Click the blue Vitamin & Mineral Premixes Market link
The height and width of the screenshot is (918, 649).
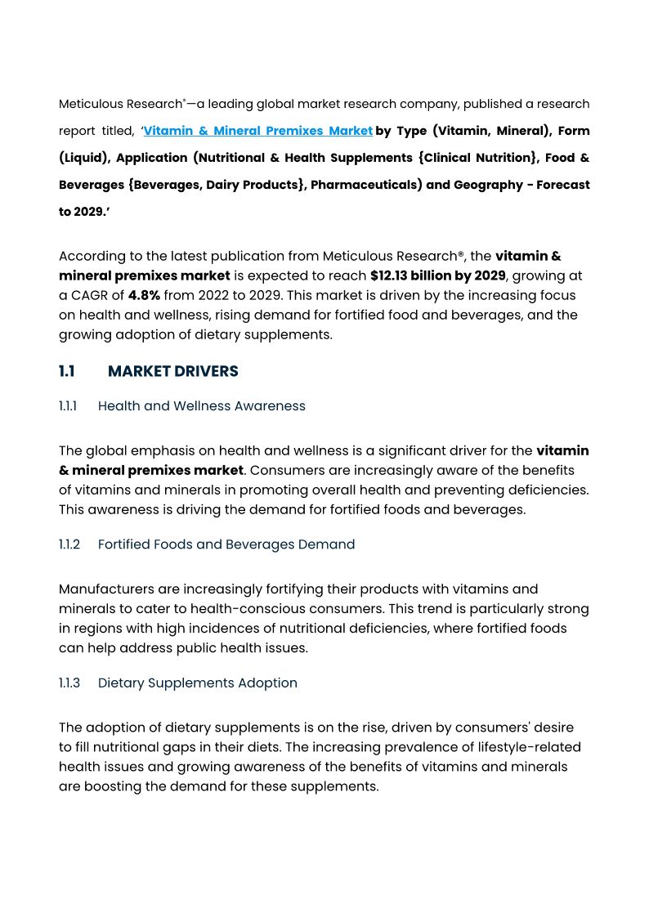point(258,131)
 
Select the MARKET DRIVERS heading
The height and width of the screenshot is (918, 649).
point(172,371)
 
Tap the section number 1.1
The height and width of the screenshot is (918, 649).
point(66,371)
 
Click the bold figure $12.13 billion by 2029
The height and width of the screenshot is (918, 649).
point(437,275)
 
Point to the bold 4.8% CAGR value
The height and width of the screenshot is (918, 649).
point(144,295)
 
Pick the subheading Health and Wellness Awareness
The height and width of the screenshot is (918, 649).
point(201,406)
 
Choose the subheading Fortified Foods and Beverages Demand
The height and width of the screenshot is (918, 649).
point(226,544)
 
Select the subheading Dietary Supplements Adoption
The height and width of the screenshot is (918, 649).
point(197,683)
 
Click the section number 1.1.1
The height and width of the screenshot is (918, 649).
point(68,406)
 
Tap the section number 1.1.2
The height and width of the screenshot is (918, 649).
point(69,544)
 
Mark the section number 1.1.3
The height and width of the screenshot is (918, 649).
point(69,683)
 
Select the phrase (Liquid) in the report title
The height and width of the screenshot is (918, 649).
point(84,158)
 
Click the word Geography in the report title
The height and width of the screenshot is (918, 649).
point(487,185)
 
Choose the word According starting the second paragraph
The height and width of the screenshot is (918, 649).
point(91,256)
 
